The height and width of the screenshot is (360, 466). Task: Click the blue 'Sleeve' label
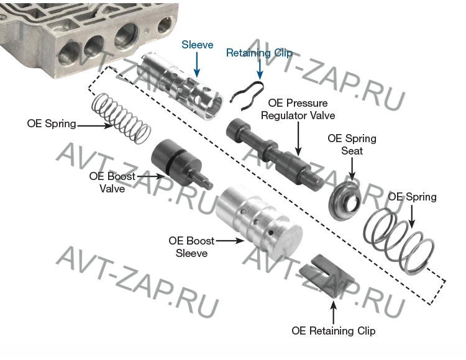198,45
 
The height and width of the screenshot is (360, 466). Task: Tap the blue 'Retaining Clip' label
259,53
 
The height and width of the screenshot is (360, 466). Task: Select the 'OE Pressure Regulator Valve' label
298,109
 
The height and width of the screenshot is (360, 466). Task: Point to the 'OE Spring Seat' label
352,145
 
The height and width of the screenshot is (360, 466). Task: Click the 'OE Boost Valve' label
112,182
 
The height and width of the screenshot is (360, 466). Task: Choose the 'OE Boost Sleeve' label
191,247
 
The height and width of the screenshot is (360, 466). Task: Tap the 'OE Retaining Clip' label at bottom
334,331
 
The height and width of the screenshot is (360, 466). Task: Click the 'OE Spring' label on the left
52,124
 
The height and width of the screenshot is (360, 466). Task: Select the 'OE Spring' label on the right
412,197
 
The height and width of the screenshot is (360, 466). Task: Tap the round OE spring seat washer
345,200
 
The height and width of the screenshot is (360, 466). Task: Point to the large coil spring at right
398,240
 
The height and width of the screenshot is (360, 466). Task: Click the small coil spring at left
121,119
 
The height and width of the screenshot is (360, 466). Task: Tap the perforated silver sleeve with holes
182,86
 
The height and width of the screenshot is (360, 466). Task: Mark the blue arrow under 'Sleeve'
197,65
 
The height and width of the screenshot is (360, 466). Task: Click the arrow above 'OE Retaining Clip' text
334,312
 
